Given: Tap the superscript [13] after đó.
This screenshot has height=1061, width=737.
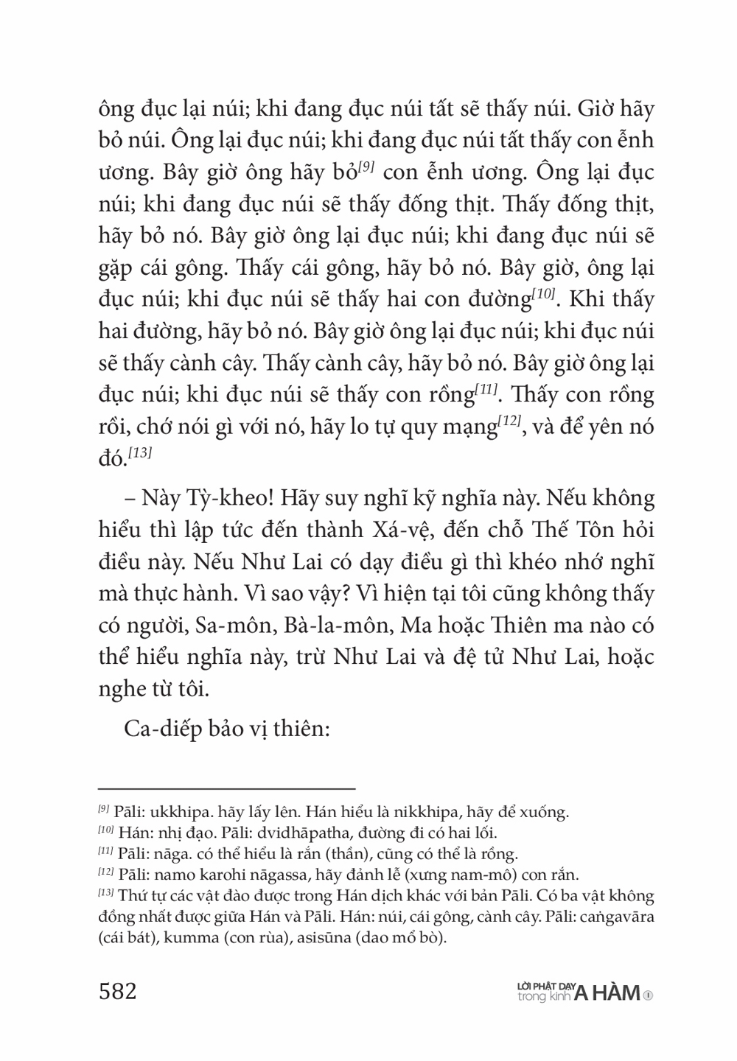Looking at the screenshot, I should click(x=139, y=454).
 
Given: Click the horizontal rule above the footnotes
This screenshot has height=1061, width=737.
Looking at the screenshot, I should click(x=226, y=788).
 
